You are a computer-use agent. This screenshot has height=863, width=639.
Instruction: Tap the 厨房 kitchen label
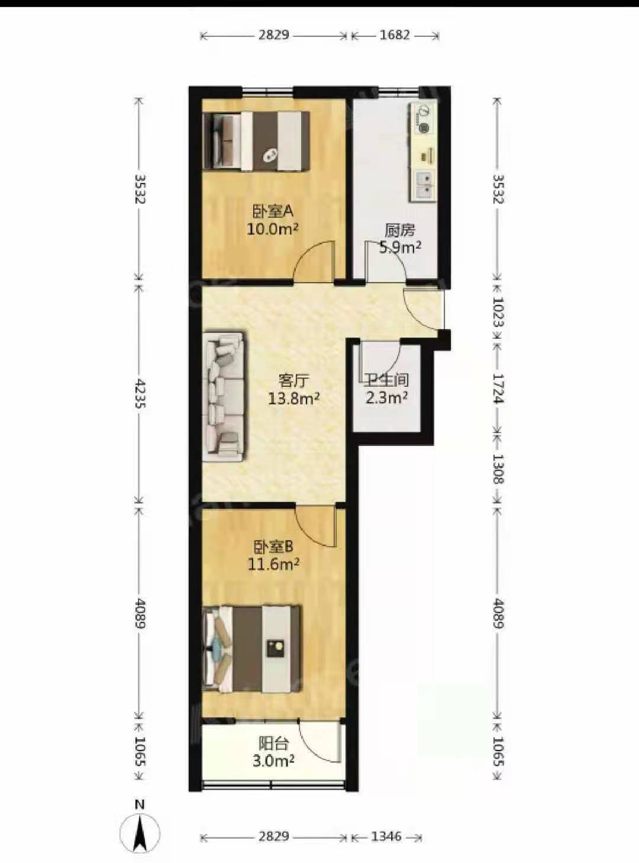click(x=400, y=231)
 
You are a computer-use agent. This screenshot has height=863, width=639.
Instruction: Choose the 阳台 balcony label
click(x=273, y=744)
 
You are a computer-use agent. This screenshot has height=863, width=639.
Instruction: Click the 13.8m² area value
click(x=294, y=399)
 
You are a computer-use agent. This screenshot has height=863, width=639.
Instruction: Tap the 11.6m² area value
click(x=273, y=564)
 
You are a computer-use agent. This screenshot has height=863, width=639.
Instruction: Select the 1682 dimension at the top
click(x=395, y=35)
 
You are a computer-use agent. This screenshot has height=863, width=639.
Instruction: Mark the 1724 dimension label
click(x=498, y=389)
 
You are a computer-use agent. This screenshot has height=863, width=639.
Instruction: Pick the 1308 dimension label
click(x=498, y=469)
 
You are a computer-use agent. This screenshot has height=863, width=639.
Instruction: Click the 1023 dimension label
click(x=498, y=312)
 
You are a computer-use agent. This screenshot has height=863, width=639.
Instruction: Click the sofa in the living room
click(x=224, y=396)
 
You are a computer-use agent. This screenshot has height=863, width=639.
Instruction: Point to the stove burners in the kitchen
click(x=423, y=118)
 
